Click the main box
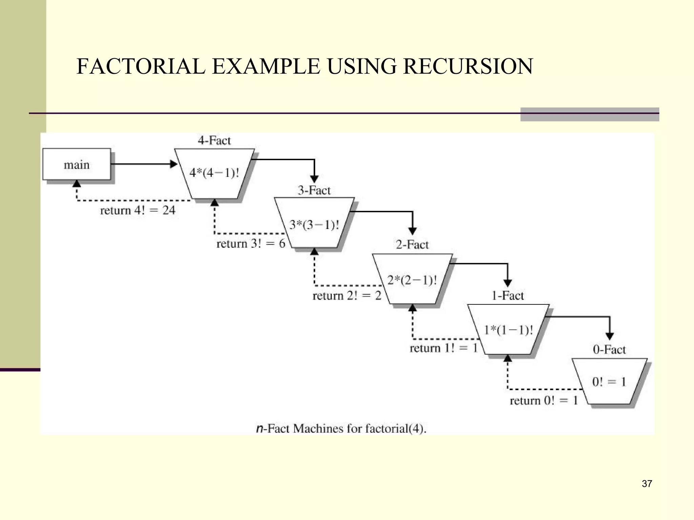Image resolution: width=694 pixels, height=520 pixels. [x=77, y=165]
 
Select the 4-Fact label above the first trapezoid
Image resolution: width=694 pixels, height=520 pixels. [x=214, y=140]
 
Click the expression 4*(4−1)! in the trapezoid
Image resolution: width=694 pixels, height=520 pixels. [x=214, y=173]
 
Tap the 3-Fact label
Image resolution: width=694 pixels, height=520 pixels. [x=314, y=190]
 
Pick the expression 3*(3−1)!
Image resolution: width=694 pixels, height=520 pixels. [x=314, y=225]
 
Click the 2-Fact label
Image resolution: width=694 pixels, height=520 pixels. [x=412, y=244]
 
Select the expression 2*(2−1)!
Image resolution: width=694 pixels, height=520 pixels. [x=412, y=280]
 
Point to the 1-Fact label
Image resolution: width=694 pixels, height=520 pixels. [x=508, y=296]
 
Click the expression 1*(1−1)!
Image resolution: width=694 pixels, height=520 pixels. [x=508, y=330]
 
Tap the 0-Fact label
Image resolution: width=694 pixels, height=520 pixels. [x=609, y=349]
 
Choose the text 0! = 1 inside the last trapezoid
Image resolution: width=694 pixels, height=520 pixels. [x=609, y=382]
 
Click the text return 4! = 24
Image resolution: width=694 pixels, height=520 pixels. [x=138, y=210]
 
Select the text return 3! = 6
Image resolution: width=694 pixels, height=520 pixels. [x=251, y=243]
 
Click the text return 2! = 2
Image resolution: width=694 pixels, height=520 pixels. [x=347, y=296]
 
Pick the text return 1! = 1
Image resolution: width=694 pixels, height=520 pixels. [x=444, y=348]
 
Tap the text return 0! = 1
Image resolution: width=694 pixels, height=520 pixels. [x=544, y=400]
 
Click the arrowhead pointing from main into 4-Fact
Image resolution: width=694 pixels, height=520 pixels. [x=173, y=164]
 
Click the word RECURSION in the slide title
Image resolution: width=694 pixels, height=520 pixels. [x=468, y=66]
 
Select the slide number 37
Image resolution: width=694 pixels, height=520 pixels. [x=647, y=484]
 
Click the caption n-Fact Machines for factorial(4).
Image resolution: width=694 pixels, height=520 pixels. [x=341, y=429]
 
